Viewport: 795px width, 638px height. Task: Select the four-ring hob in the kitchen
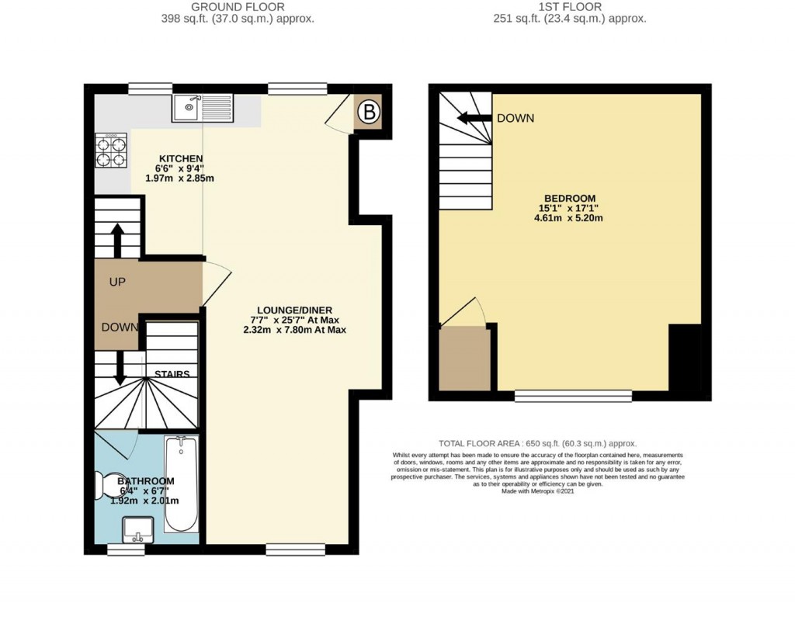(111, 151)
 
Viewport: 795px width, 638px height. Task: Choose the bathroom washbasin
(138, 530)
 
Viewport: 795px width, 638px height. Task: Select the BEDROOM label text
(570, 198)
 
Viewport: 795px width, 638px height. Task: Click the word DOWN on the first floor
(516, 118)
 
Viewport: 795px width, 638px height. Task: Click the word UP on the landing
(117, 283)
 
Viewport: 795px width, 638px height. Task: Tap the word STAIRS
(172, 374)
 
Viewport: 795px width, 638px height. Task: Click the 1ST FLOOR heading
(570, 7)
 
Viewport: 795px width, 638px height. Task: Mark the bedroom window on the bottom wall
(572, 396)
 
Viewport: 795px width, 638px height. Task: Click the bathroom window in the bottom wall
(126, 550)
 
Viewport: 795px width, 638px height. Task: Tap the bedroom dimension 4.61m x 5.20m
(570, 218)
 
